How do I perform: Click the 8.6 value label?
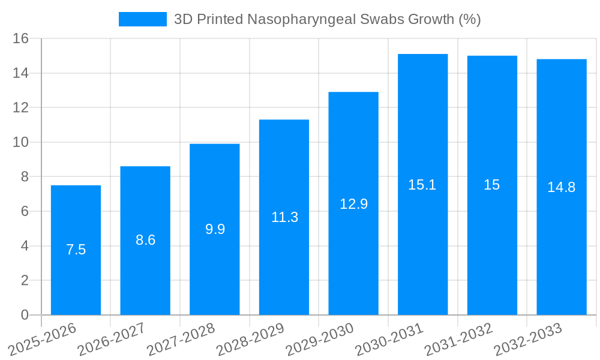[145, 240]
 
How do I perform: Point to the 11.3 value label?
[284, 217]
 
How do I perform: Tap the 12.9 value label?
[353, 204]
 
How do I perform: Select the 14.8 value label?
[561, 187]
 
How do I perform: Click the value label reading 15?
[491, 185]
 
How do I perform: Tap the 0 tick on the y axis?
[25, 315]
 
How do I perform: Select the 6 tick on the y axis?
[25, 211]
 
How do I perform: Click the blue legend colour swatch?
[143, 19]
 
